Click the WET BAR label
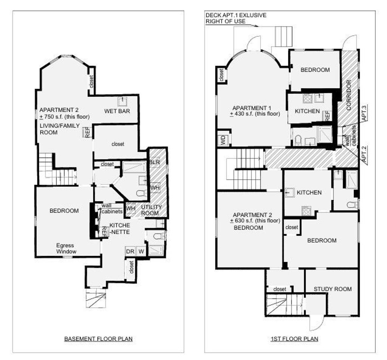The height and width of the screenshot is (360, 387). [x=117, y=111]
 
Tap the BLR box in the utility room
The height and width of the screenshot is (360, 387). [x=155, y=162]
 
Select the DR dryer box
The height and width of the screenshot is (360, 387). [x=130, y=252]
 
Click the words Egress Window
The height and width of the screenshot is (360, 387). [x=66, y=249]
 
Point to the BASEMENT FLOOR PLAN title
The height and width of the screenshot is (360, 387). [x=98, y=339]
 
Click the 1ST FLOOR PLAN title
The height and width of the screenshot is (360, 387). [x=294, y=339]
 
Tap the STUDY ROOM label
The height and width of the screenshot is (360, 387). [x=333, y=289]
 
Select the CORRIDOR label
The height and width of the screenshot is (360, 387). [x=348, y=95]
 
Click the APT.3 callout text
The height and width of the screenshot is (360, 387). [x=364, y=113]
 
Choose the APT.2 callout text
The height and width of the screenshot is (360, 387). [x=364, y=154]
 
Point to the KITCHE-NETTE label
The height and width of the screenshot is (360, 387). [x=120, y=229]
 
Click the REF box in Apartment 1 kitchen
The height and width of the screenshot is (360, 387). [x=327, y=116]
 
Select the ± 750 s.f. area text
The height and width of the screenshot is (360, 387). [x=65, y=117]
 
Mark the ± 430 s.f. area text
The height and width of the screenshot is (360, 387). [x=255, y=114]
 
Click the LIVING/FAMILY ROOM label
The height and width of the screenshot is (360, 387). [x=59, y=129]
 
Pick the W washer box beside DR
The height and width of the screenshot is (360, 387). [x=141, y=252]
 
